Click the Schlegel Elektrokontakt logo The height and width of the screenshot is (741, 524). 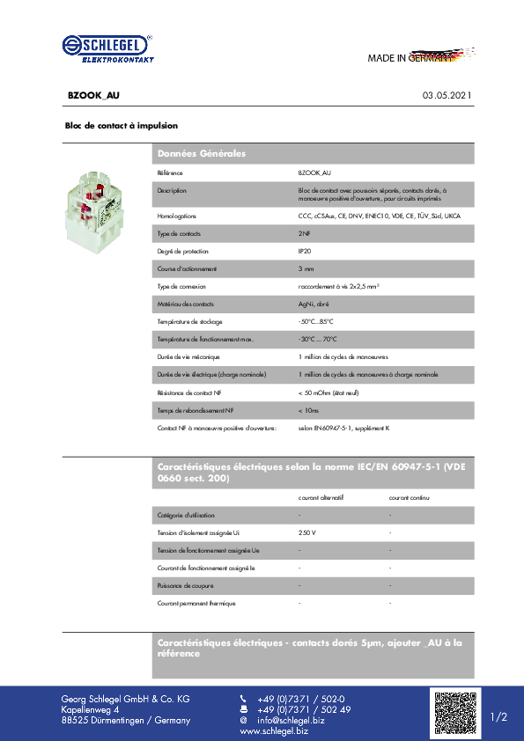(x=107, y=48)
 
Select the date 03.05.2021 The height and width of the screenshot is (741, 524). (x=447, y=94)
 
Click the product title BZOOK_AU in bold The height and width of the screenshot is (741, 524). (x=93, y=94)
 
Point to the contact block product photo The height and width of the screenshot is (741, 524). (x=93, y=213)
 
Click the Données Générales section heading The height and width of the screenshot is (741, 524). (x=201, y=154)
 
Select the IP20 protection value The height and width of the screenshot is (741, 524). (x=305, y=251)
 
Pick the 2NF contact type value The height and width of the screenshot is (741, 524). (x=304, y=233)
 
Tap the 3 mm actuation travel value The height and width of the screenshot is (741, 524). (x=306, y=268)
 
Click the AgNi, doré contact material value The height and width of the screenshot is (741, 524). (x=314, y=304)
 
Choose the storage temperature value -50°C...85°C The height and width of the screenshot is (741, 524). (x=316, y=321)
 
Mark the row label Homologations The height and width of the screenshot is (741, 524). (x=176, y=216)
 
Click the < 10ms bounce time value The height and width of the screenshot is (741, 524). (x=308, y=410)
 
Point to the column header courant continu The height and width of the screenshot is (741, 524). (x=410, y=497)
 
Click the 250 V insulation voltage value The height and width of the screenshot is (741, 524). (x=307, y=532)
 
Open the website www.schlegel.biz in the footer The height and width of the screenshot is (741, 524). (x=274, y=731)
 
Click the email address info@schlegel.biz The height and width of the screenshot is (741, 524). (x=291, y=721)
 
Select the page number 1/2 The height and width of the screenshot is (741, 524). (x=498, y=717)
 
